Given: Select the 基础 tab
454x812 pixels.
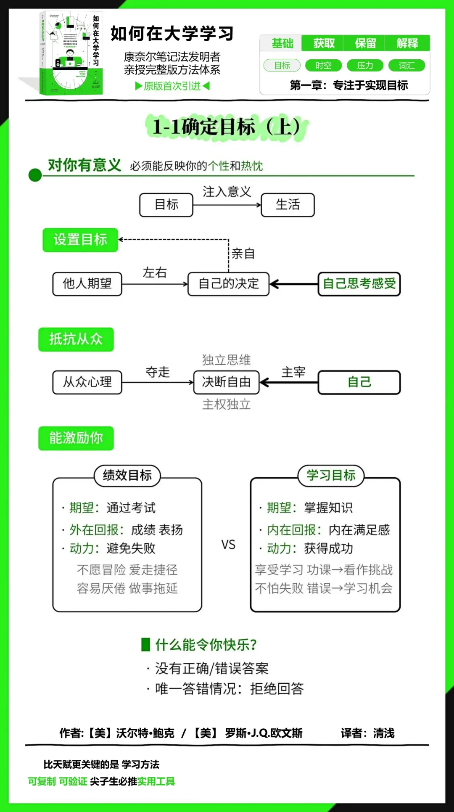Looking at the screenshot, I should (x=282, y=43).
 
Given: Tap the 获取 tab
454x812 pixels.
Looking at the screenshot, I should (x=323, y=43).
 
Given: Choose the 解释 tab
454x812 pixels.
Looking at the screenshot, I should (x=407, y=43).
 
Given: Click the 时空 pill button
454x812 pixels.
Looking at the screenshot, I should (x=323, y=66).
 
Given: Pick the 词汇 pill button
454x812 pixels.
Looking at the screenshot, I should (x=406, y=66).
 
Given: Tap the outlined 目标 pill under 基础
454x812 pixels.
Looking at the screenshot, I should (x=282, y=66).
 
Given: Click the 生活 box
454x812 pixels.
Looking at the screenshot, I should (x=288, y=205).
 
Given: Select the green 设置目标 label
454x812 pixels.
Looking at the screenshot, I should (x=80, y=240).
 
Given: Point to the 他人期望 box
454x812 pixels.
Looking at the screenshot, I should (x=87, y=284).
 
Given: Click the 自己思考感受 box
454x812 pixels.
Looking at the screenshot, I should (x=359, y=284).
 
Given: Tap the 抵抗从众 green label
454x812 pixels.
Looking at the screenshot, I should (x=76, y=339).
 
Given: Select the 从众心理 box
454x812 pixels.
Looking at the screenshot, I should (x=87, y=382).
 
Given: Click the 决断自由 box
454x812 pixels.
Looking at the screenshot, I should (x=226, y=382).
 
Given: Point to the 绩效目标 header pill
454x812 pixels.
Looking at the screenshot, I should (x=127, y=476).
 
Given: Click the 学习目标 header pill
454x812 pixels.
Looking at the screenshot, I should (x=331, y=476).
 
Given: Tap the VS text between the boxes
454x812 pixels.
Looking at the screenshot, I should (x=228, y=545).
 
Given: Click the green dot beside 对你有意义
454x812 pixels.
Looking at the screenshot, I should (x=35, y=175).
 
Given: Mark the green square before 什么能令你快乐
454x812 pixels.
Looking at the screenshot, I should (x=145, y=644).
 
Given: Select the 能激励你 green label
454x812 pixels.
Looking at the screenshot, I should (x=76, y=438).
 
